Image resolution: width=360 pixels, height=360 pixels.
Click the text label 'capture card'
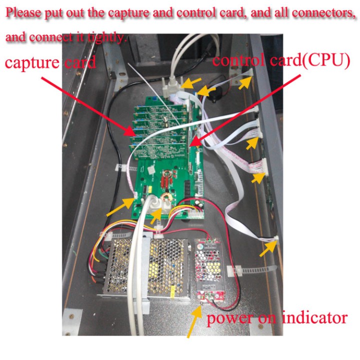50,62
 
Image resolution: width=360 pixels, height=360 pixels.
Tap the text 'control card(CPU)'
281,61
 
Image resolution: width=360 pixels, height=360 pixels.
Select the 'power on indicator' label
277,318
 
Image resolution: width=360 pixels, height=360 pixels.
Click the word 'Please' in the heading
23,13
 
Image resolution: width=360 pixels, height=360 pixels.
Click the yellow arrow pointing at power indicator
194,321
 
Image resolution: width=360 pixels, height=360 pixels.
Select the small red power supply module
208,270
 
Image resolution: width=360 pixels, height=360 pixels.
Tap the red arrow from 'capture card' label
88,107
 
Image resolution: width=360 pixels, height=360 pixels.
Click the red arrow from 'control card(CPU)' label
245,110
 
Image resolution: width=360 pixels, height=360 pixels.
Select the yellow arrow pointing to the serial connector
191,83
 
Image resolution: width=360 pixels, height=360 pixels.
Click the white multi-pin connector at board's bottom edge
196,214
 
